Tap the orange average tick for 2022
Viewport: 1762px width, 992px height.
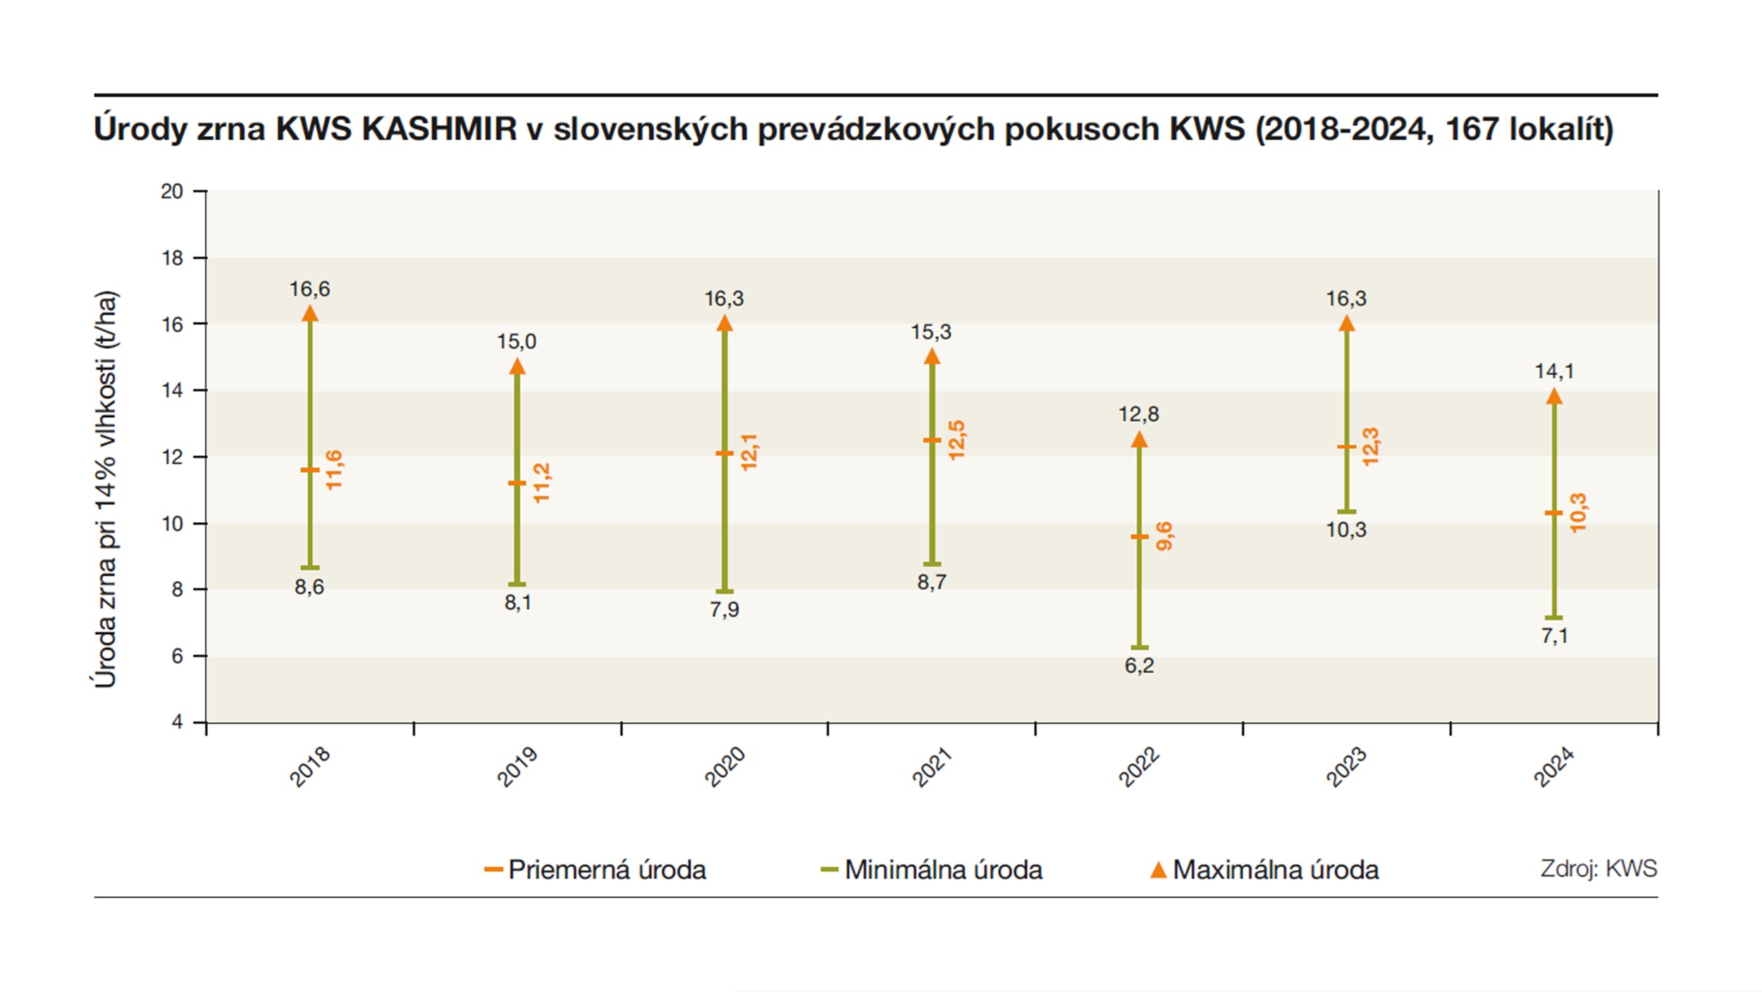coord(1140,537)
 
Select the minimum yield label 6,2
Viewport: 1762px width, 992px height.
coord(1139,666)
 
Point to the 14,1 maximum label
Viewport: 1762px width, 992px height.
coord(1554,371)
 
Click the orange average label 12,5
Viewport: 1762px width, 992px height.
coord(956,440)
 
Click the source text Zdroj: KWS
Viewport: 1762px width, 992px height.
coord(1598,869)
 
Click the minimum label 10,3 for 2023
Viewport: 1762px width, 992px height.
coord(1346,530)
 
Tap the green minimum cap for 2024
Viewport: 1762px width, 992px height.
coord(1554,618)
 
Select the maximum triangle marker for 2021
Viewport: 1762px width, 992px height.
coord(932,357)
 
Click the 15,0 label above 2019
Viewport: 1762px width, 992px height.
coord(517,342)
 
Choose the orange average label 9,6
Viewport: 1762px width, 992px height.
coord(1164,536)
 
